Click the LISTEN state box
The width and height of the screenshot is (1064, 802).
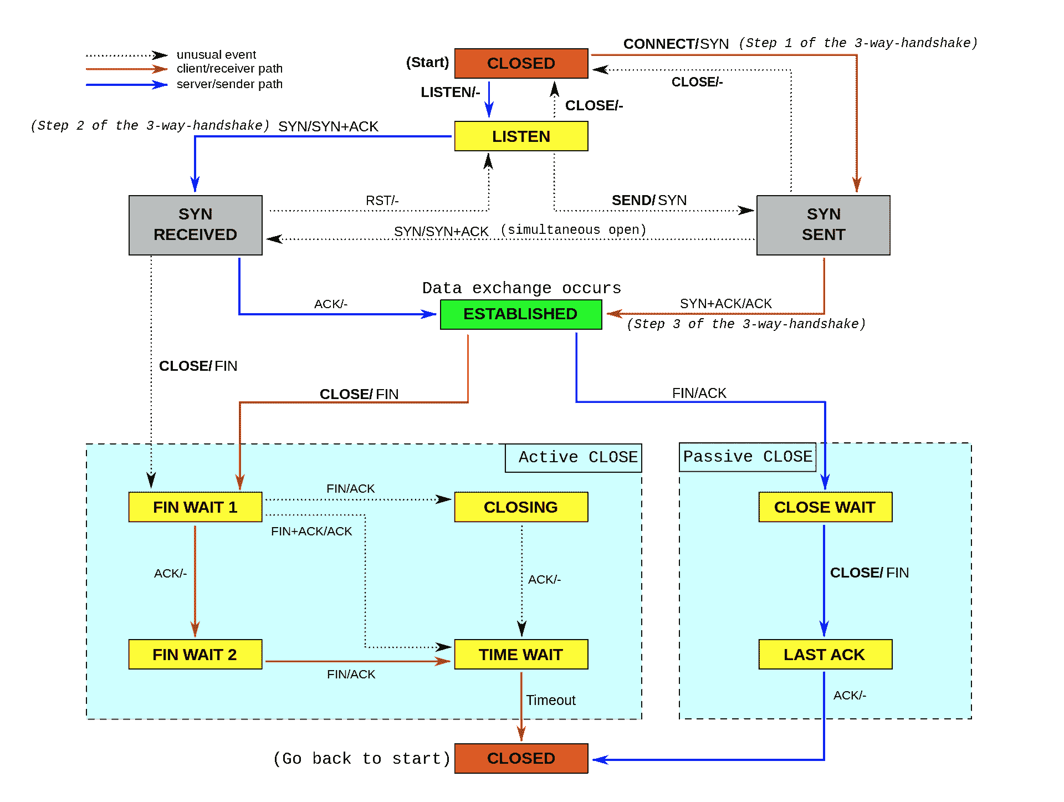pyautogui.click(x=521, y=136)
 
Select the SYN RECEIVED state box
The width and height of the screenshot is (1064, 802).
pyautogui.click(x=196, y=225)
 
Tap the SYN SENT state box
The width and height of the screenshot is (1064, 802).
pyautogui.click(x=823, y=225)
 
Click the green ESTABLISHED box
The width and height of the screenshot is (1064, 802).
pyautogui.click(x=521, y=314)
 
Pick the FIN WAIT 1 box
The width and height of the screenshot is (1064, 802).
pyautogui.click(x=195, y=507)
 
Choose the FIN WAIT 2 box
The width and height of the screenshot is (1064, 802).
pyautogui.click(x=195, y=655)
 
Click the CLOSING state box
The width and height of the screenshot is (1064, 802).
pyautogui.click(x=521, y=507)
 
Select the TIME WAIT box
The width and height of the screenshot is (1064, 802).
pyautogui.click(x=521, y=655)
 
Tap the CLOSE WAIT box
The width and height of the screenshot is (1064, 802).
pyautogui.click(x=825, y=507)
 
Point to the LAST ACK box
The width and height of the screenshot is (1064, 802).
pyautogui.click(x=825, y=655)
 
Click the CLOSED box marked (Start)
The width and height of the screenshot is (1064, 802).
pyautogui.click(x=521, y=63)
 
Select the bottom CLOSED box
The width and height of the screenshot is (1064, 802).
pyautogui.click(x=521, y=758)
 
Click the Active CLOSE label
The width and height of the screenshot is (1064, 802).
pyautogui.click(x=578, y=457)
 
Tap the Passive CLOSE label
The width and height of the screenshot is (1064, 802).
pyautogui.click(x=748, y=457)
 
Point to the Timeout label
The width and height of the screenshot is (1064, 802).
pyautogui.click(x=551, y=700)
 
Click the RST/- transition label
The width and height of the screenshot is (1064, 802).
pyautogui.click(x=382, y=200)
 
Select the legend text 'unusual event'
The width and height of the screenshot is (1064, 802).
pyautogui.click(x=216, y=54)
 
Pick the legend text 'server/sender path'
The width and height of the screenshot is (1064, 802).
pyautogui.click(x=229, y=84)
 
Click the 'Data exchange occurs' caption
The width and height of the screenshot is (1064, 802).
pyautogui.click(x=521, y=288)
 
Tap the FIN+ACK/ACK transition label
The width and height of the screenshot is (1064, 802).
pyautogui.click(x=311, y=531)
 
